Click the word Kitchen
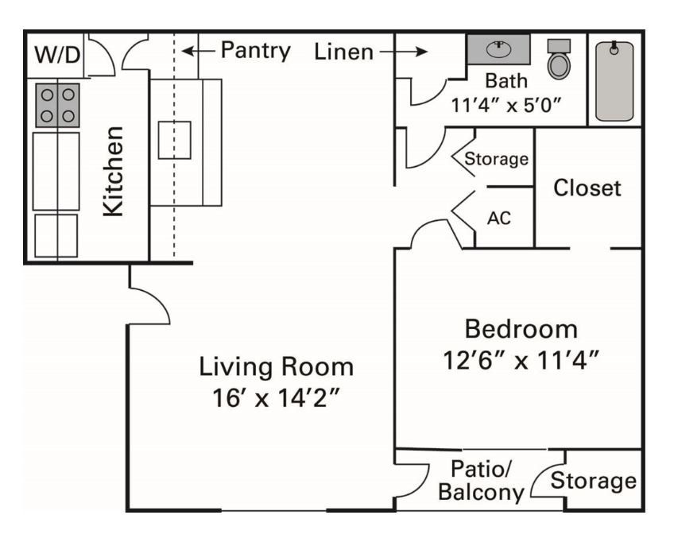click(x=114, y=171)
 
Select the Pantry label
click(x=255, y=51)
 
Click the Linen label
click(x=343, y=52)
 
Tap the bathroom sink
click(x=498, y=48)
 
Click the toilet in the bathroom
click(x=560, y=60)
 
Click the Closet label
click(x=587, y=188)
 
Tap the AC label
click(x=498, y=218)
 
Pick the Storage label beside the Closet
click(x=497, y=159)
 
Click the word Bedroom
click(x=521, y=328)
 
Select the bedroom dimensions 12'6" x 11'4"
click(x=521, y=360)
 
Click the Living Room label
click(x=276, y=367)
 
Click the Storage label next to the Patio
click(x=594, y=481)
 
